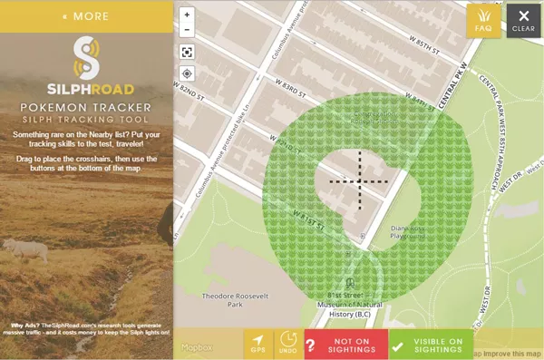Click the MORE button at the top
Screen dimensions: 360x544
click(x=86, y=15)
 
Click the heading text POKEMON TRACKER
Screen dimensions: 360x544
click(x=86, y=109)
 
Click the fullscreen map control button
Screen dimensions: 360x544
click(x=187, y=51)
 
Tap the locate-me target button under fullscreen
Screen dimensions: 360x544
click(x=187, y=73)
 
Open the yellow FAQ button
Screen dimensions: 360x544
click(x=484, y=20)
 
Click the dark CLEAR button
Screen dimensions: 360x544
click(x=524, y=20)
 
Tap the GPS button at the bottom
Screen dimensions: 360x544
click(x=257, y=343)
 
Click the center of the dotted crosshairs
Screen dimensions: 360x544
click(x=359, y=181)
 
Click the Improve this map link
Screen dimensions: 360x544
click(x=509, y=353)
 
